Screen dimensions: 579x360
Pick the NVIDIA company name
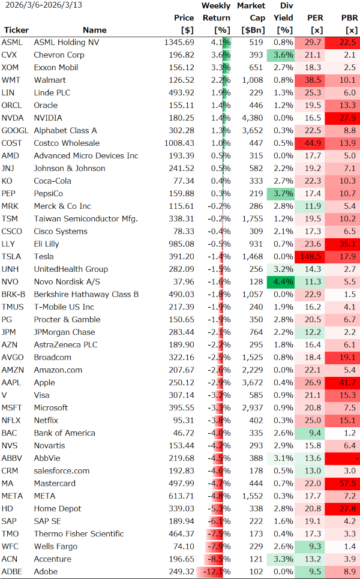click(x=49, y=118)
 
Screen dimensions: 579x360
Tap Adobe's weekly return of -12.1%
click(x=217, y=572)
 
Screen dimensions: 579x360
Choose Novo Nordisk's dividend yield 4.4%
click(x=283, y=282)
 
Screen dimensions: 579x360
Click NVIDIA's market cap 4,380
click(x=251, y=118)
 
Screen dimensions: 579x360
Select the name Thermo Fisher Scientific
click(x=79, y=534)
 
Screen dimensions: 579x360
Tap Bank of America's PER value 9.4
click(x=314, y=433)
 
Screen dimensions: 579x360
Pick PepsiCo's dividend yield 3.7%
click(x=283, y=194)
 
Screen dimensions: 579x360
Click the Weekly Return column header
click(x=216, y=18)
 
